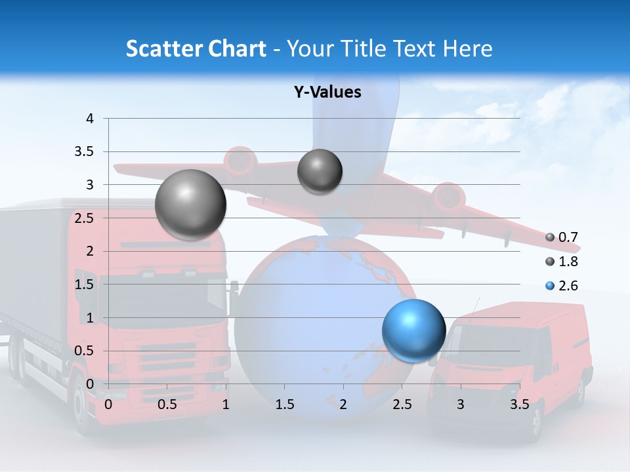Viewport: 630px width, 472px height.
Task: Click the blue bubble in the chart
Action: (413, 330)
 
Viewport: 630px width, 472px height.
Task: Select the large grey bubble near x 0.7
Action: (190, 204)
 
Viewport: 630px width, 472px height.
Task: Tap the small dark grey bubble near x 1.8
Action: (320, 171)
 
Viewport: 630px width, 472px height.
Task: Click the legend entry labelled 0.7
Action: (562, 237)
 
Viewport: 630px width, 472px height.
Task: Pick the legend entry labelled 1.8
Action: (562, 262)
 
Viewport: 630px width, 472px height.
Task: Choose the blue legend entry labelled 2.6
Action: (562, 286)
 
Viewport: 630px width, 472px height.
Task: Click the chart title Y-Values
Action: (327, 92)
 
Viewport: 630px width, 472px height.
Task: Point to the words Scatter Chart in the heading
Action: (196, 49)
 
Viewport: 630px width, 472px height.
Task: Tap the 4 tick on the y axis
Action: (91, 119)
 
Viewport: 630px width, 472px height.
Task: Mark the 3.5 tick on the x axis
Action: (519, 404)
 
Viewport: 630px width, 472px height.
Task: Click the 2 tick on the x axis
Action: (343, 404)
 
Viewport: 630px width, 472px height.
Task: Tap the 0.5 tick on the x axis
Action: (167, 404)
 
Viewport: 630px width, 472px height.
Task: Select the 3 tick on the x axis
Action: (461, 404)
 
